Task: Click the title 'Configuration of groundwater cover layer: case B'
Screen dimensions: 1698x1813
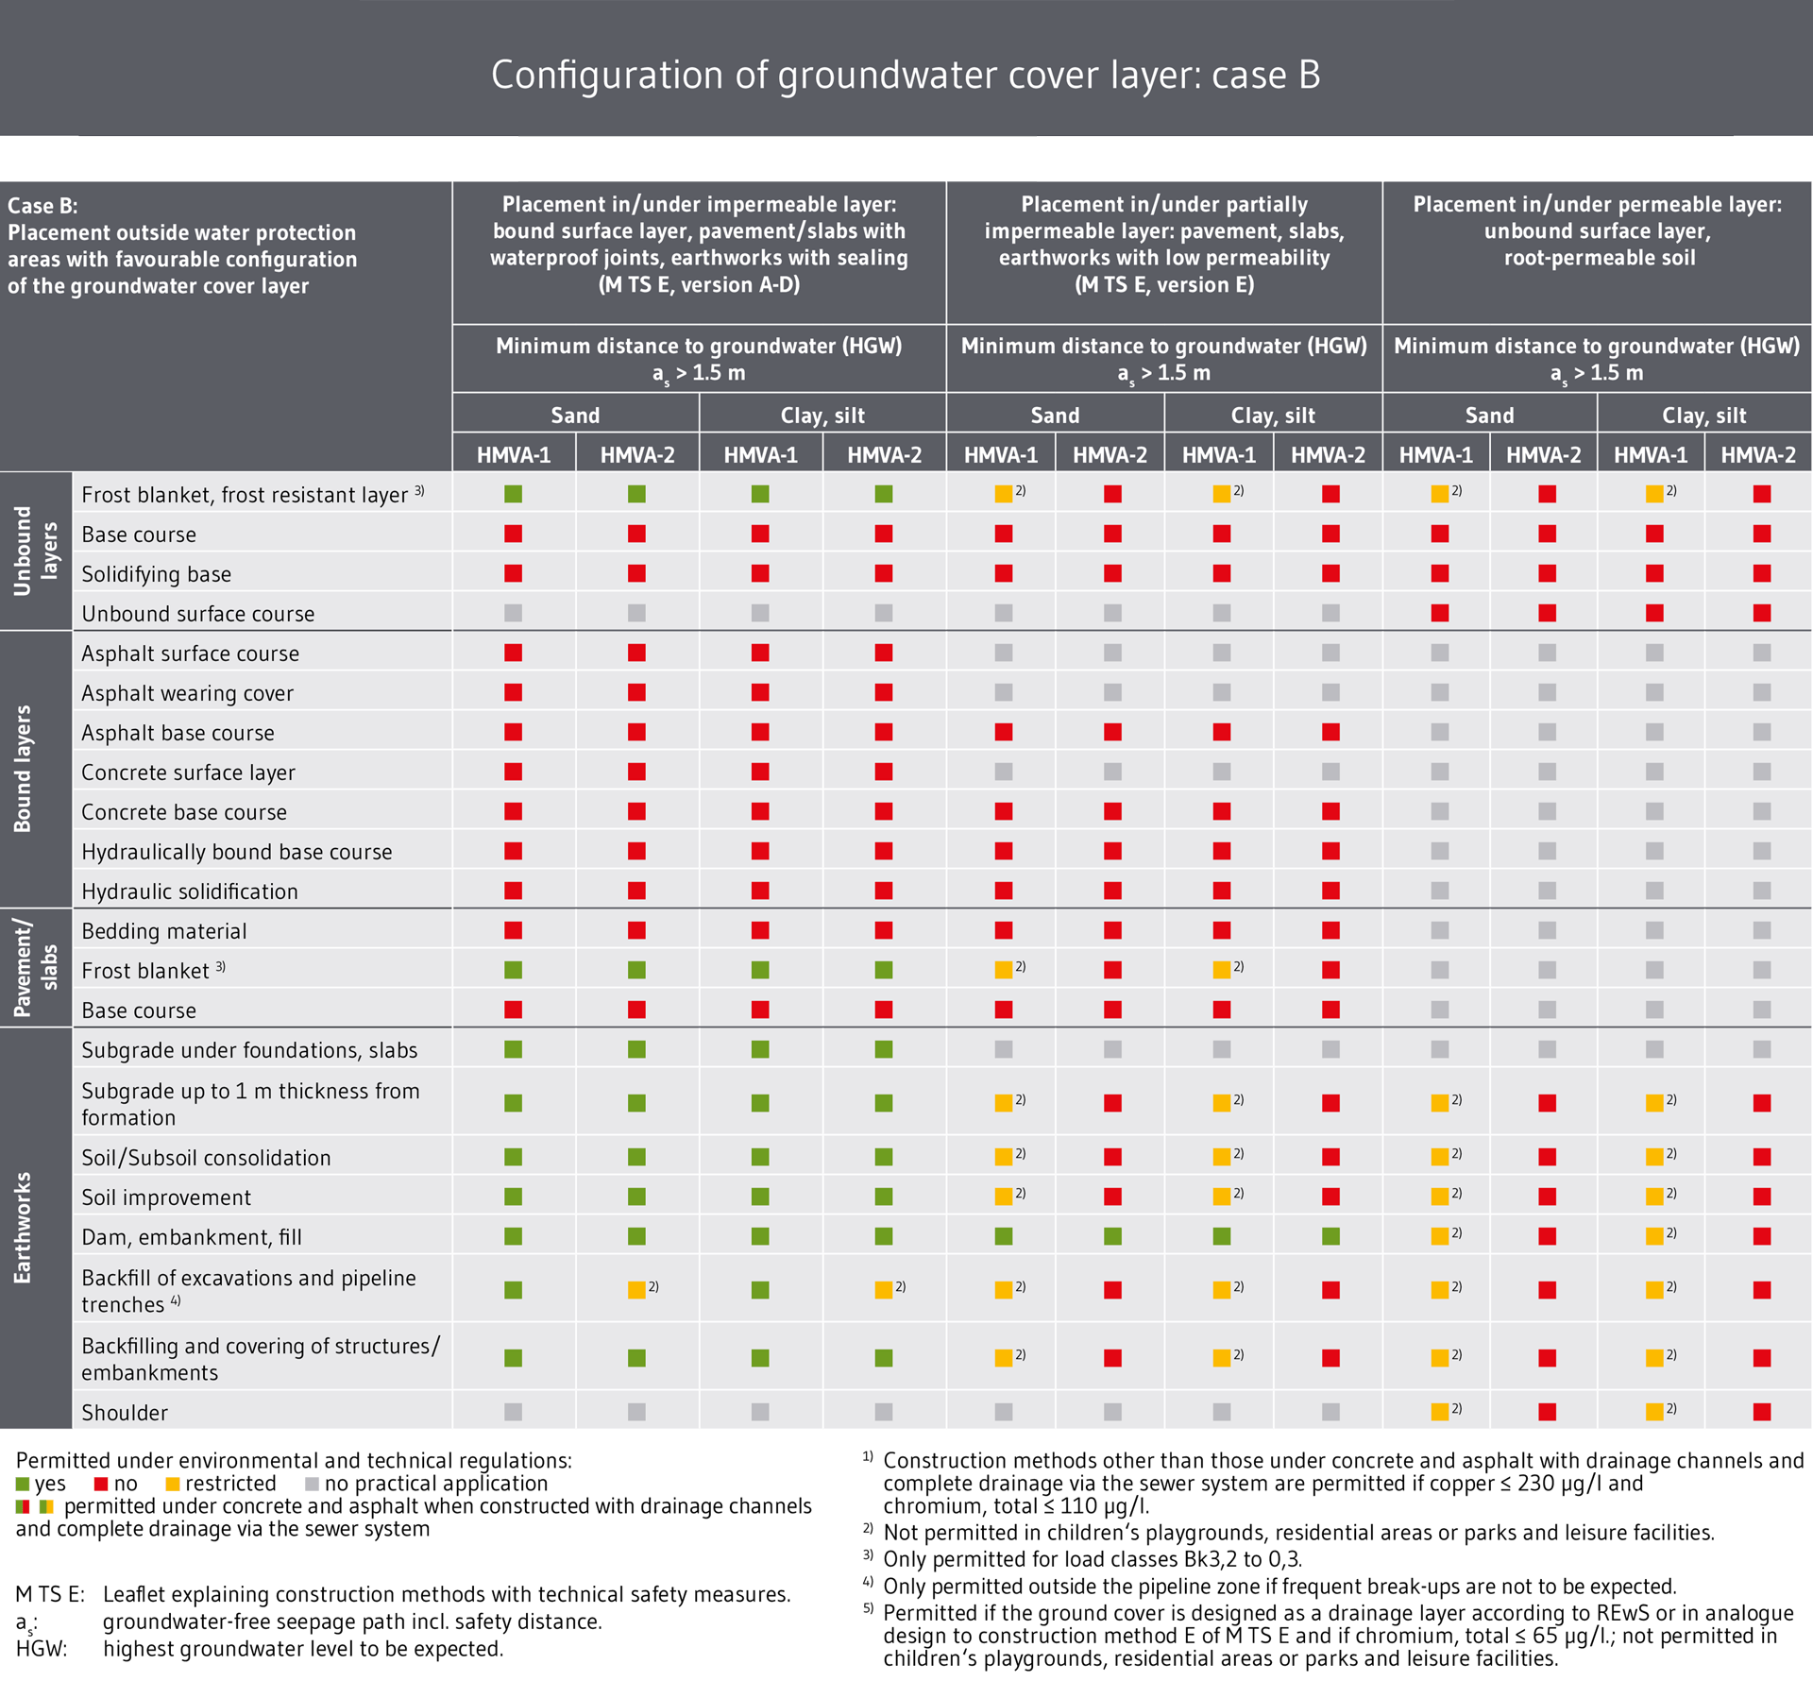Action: (x=906, y=76)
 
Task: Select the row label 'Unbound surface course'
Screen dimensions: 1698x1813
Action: (x=197, y=614)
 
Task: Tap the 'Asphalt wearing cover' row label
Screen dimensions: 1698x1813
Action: (x=187, y=693)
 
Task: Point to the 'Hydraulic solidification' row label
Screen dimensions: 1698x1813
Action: (x=189, y=891)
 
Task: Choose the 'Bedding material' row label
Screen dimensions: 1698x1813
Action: (x=163, y=931)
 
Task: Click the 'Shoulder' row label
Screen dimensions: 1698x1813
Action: (x=125, y=1413)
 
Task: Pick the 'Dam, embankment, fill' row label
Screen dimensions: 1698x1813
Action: (x=191, y=1237)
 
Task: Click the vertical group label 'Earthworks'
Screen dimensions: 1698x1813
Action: (x=23, y=1228)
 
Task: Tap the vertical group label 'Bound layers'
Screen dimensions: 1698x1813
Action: (x=23, y=769)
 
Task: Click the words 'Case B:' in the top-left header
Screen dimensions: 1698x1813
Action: (x=42, y=206)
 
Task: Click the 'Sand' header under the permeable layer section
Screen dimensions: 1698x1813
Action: (x=1489, y=416)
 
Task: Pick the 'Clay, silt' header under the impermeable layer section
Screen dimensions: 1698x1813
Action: (x=822, y=416)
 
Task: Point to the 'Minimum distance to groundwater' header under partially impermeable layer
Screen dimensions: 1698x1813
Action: (x=1163, y=347)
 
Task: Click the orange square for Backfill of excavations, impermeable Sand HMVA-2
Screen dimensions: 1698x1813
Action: (x=636, y=1290)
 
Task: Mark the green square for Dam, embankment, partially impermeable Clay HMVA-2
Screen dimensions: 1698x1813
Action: (x=1330, y=1236)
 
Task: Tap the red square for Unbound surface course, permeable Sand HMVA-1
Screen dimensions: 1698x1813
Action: (x=1439, y=613)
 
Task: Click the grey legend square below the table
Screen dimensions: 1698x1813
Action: (x=312, y=1485)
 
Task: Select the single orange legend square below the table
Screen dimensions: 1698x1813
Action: (x=173, y=1485)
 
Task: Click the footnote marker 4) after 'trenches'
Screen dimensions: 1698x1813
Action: (x=176, y=1301)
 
